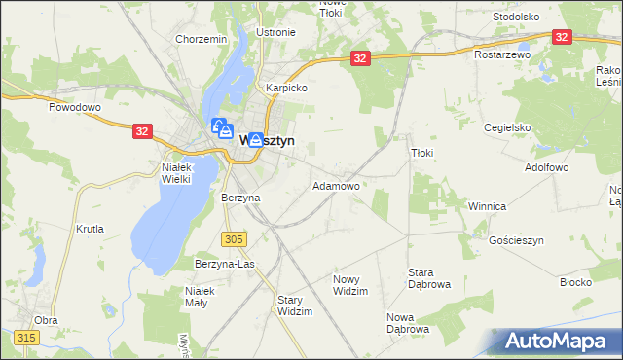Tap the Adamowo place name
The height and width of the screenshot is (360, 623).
[336, 185]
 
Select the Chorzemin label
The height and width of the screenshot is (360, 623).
[201, 39]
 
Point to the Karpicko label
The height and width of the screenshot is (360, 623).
[286, 87]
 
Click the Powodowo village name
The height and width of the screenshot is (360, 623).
[75, 107]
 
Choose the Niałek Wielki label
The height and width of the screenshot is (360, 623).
[176, 172]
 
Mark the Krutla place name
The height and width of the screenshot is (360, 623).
[89, 229]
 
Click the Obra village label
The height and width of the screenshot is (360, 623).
[46, 319]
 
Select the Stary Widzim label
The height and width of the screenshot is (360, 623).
[295, 306]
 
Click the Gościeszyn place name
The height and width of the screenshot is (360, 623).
[516, 239]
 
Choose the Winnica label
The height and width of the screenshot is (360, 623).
[487, 206]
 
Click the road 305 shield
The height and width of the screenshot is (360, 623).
[233, 238]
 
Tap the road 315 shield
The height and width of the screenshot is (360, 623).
[26, 337]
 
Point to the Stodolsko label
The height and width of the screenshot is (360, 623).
[516, 17]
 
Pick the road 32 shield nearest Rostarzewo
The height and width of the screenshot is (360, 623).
[561, 36]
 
